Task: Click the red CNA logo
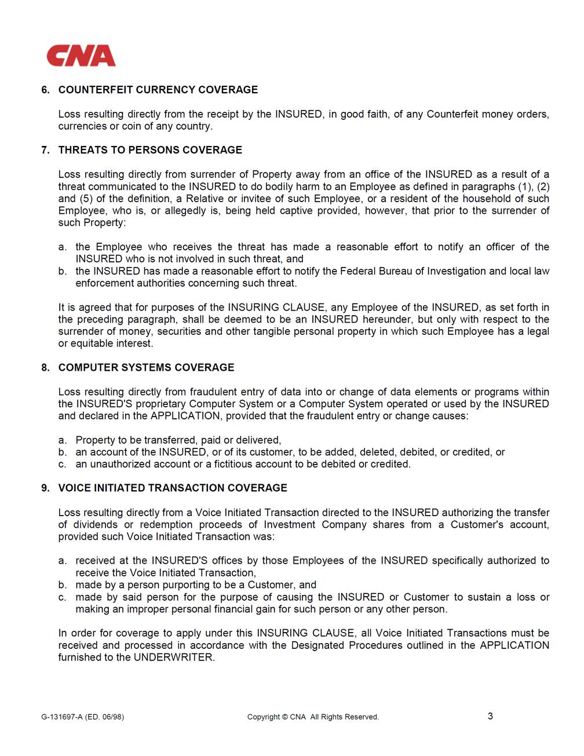[81, 56]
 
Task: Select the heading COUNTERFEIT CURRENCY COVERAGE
[158, 90]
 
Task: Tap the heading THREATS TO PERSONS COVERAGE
[150, 150]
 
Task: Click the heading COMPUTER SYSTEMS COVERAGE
[146, 368]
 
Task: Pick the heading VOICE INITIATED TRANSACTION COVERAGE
[173, 488]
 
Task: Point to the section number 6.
[45, 90]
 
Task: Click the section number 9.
[45, 488]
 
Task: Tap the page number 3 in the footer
[490, 717]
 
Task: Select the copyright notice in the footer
[313, 717]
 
